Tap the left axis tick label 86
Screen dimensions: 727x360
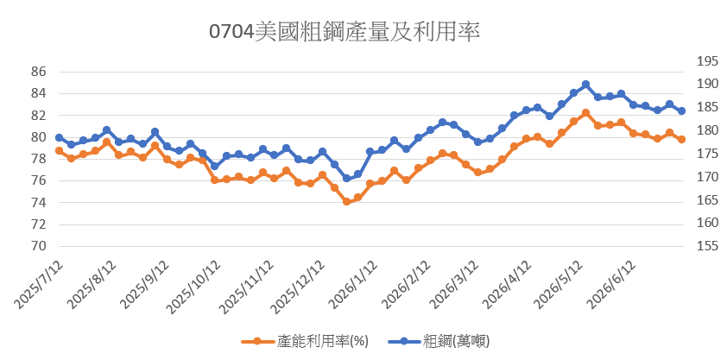(x=39, y=72)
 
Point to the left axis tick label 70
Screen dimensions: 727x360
(x=39, y=247)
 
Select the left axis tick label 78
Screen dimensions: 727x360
(x=39, y=159)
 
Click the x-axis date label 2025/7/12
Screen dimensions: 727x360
(x=40, y=284)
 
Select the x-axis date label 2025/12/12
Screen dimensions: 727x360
(x=301, y=286)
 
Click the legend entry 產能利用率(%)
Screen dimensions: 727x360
(x=305, y=342)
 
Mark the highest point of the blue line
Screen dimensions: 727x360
(x=585, y=85)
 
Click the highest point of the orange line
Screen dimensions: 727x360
(x=585, y=112)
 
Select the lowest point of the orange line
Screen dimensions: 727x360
(x=346, y=201)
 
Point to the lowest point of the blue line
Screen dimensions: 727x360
(x=346, y=179)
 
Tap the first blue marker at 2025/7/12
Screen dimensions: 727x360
(x=59, y=137)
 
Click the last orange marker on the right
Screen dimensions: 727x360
(x=681, y=140)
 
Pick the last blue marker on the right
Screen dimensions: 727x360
(x=681, y=111)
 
